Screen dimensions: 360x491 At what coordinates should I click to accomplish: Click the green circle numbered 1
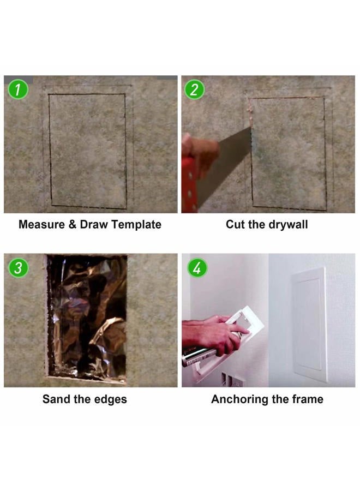(18, 89)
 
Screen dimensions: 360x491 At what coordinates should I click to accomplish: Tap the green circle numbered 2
(194, 89)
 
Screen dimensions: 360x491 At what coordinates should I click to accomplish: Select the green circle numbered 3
(18, 268)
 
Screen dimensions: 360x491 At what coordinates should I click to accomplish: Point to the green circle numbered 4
(197, 268)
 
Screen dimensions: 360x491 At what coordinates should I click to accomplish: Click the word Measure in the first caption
(41, 225)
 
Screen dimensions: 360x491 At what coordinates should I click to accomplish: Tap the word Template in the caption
(136, 225)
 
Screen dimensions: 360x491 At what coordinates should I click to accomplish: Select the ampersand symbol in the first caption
(73, 225)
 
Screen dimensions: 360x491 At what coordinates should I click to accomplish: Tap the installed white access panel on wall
(310, 324)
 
